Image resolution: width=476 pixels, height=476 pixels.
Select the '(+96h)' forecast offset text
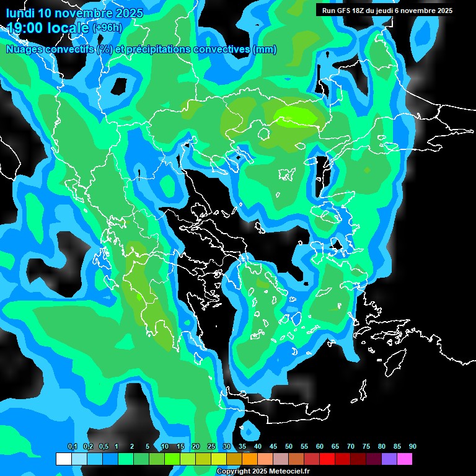pos(107,28)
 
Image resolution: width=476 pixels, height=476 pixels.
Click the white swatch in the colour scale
pos(63,459)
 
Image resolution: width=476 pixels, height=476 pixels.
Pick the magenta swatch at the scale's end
pos(405,459)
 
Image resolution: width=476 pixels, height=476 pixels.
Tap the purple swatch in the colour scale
pos(389,459)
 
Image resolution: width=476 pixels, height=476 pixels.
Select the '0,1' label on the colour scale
pos(73,447)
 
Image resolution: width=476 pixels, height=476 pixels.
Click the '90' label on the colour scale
pos(413,447)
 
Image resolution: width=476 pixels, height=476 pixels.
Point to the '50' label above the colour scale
pos(289,447)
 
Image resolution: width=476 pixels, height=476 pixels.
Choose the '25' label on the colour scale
pos(211,447)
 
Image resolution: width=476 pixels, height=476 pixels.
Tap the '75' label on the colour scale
pos(366,447)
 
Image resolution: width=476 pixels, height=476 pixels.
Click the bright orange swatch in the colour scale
pos(250,459)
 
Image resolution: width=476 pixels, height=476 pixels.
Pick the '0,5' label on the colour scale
pos(103,447)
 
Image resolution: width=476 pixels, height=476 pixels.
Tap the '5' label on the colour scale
pos(148,447)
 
